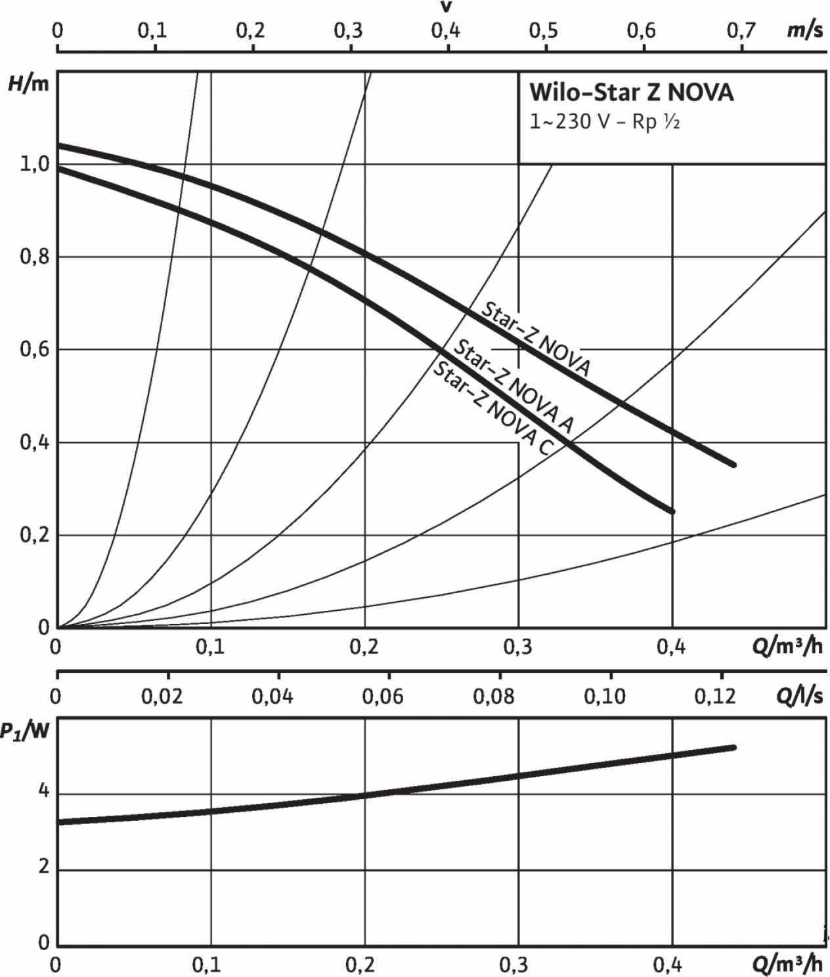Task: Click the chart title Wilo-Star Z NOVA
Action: (x=631, y=93)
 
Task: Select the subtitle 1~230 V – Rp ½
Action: (x=604, y=122)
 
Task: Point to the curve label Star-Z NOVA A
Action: (x=514, y=386)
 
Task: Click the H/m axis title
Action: (x=28, y=84)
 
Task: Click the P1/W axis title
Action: (x=25, y=730)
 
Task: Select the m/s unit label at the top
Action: (x=804, y=30)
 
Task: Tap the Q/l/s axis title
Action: (x=799, y=696)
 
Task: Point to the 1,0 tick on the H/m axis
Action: (x=34, y=164)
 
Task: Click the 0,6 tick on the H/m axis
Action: (x=34, y=349)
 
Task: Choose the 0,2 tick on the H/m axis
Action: (x=34, y=535)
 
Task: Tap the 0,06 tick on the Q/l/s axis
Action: (x=383, y=696)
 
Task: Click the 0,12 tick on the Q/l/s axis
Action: (x=715, y=696)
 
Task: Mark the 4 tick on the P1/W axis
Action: (x=43, y=791)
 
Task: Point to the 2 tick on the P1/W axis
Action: (x=43, y=867)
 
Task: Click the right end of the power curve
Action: (x=733, y=747)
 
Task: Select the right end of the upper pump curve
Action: (x=733, y=465)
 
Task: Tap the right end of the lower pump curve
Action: (x=672, y=512)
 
